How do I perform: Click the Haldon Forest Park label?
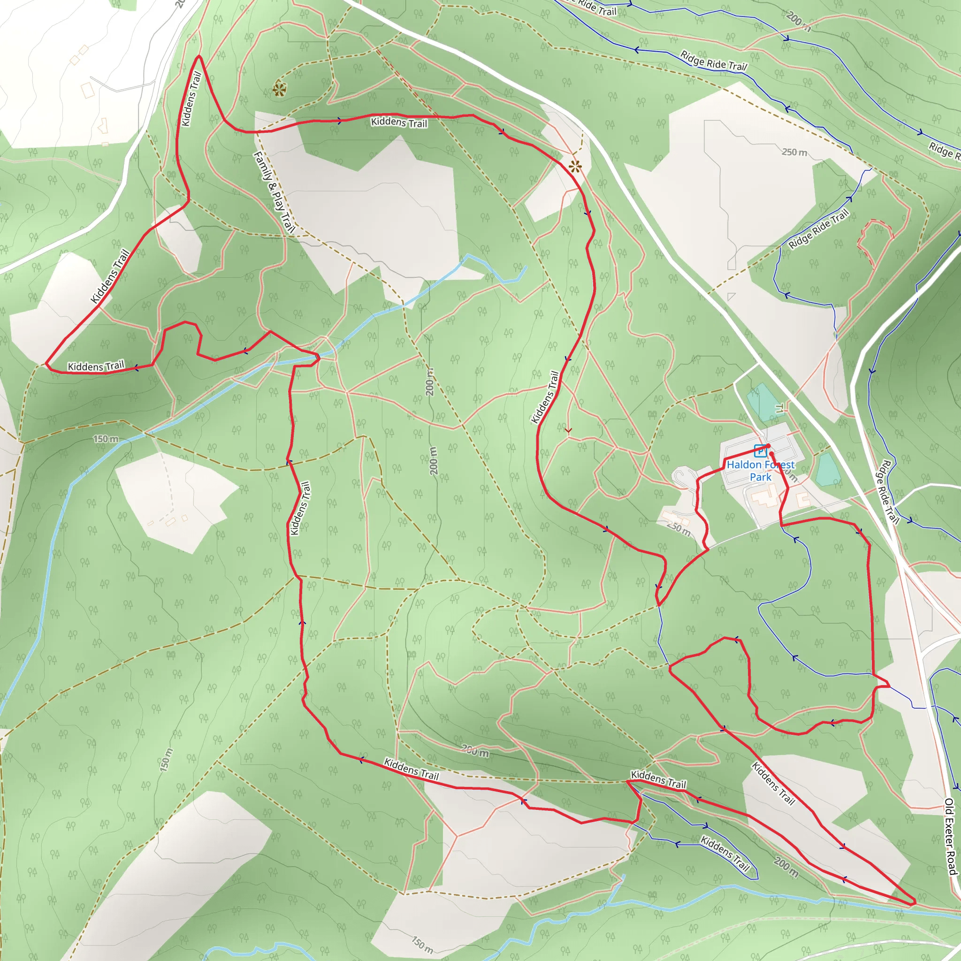pos(761,471)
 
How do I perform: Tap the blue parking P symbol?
pos(760,450)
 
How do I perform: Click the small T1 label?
pos(779,408)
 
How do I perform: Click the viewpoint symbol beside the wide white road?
pos(575,167)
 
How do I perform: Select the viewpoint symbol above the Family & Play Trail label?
pos(279,90)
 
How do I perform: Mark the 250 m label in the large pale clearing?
pos(794,152)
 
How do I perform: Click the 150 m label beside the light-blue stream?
pos(106,439)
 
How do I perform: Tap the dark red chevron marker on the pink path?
pos(568,430)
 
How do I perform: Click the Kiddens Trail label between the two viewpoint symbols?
pos(399,122)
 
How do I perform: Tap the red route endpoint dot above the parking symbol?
pos(769,446)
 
